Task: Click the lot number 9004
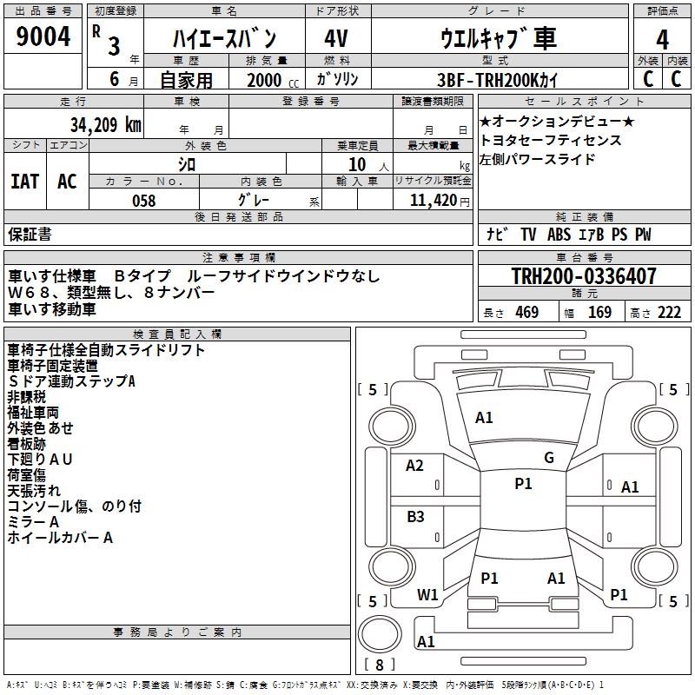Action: click(43, 37)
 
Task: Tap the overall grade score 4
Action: click(662, 40)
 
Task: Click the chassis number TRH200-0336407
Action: click(584, 277)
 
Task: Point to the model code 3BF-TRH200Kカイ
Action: click(499, 79)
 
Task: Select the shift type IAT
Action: click(25, 181)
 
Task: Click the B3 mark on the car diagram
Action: click(415, 517)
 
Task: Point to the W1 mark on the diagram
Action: click(427, 595)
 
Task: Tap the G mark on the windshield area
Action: click(548, 458)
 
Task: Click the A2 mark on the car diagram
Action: click(415, 466)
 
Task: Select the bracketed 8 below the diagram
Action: click(379, 665)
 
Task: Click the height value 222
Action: click(669, 313)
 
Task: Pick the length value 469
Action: click(526, 313)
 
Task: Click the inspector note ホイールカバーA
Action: click(60, 538)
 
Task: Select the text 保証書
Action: click(30, 235)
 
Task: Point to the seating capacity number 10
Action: click(356, 164)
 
